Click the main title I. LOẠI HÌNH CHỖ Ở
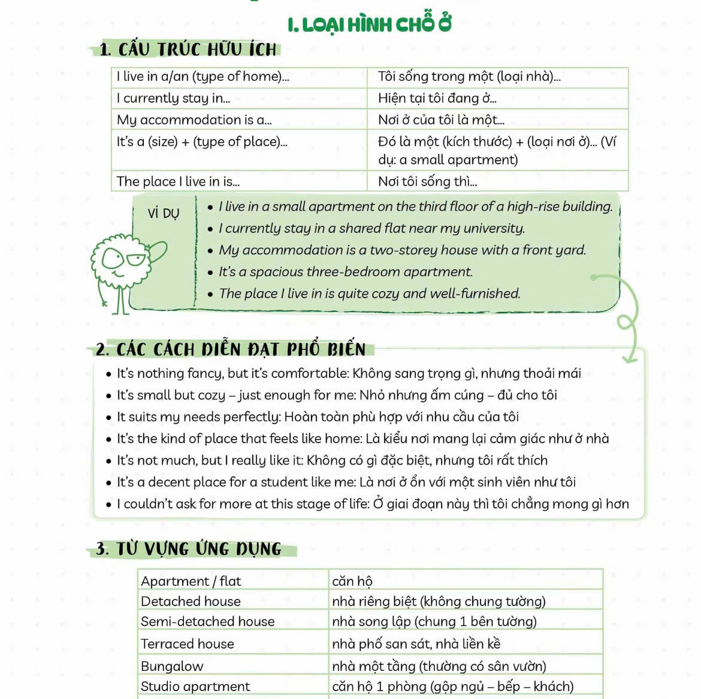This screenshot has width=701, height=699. [369, 25]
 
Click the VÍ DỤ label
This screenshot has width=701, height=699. [163, 213]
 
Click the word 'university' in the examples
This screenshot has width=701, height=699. [491, 228]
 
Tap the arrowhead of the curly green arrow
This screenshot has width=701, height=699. [629, 358]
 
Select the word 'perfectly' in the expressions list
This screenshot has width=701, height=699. [252, 417]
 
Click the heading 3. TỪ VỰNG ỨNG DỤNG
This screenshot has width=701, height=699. [189, 549]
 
